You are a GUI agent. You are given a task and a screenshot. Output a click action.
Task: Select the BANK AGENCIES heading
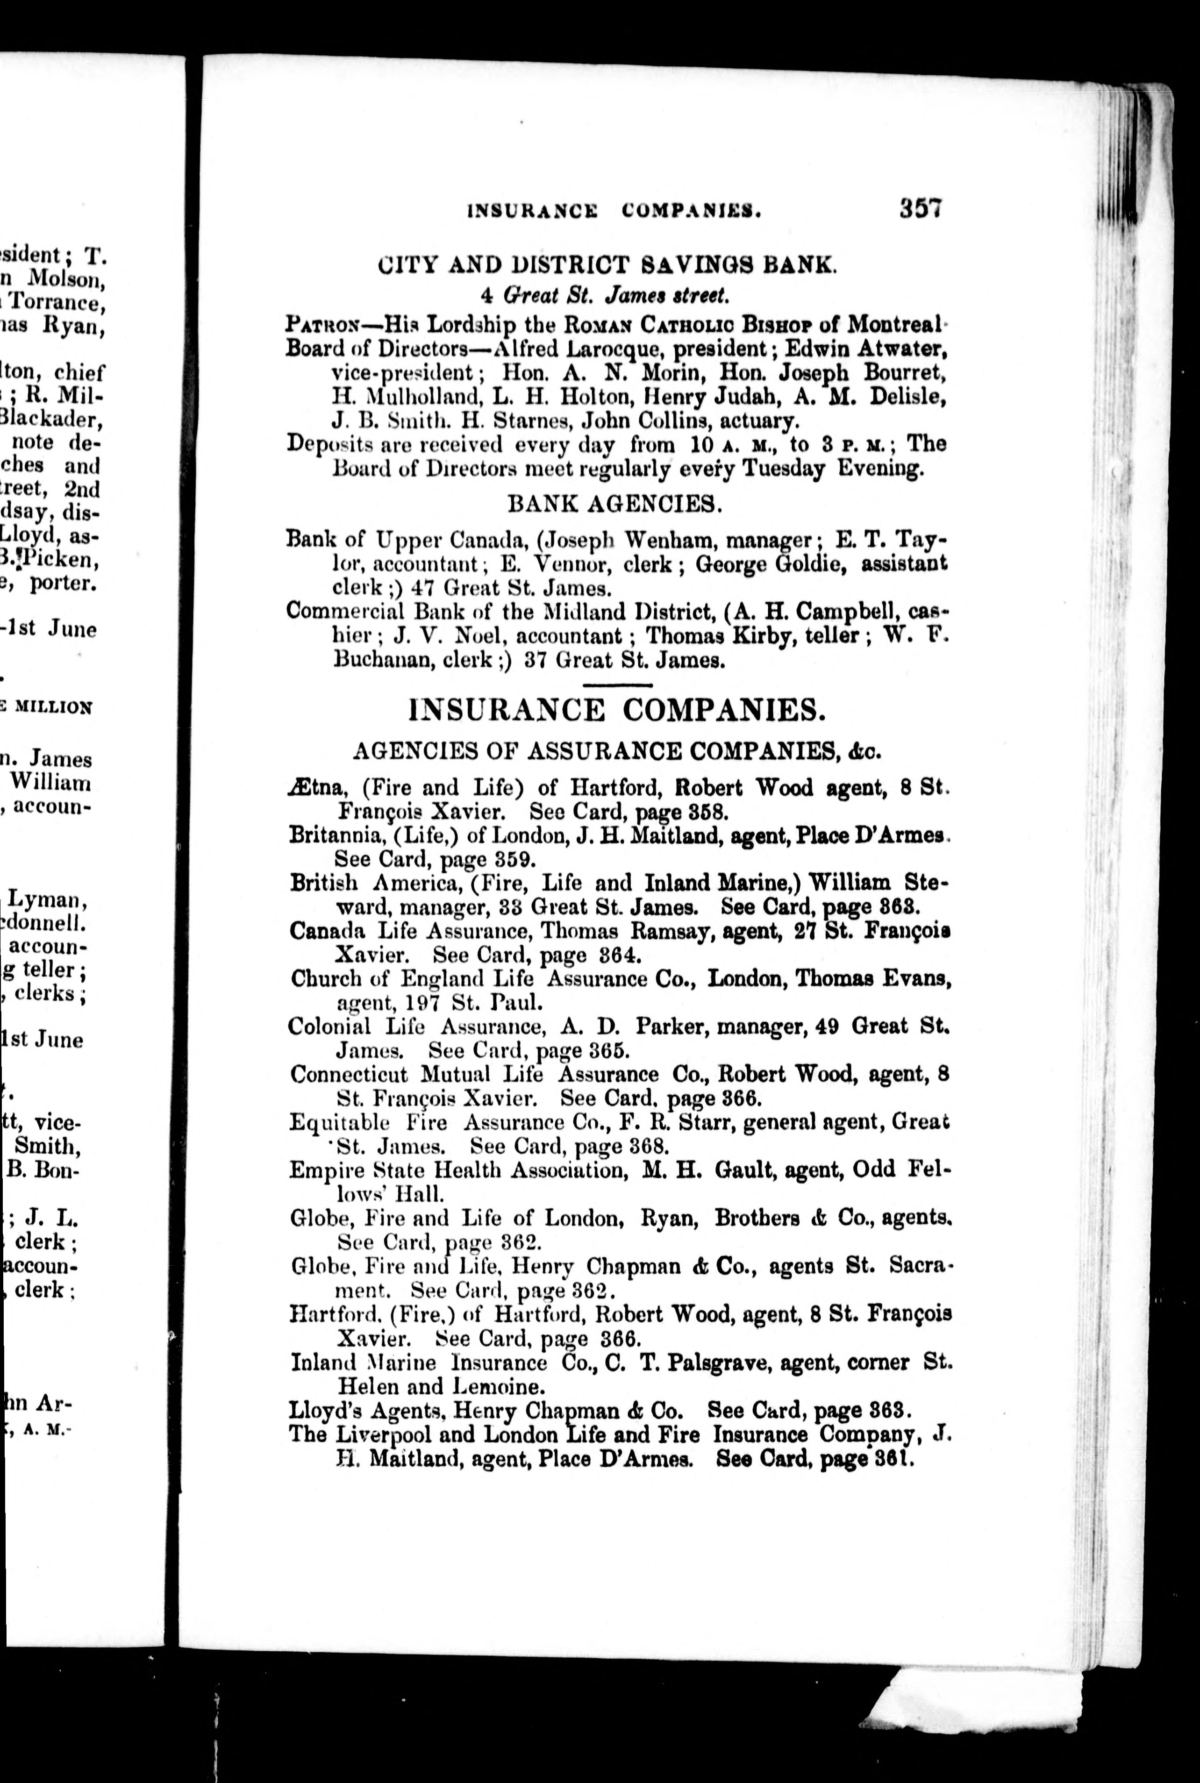pyautogui.click(x=614, y=504)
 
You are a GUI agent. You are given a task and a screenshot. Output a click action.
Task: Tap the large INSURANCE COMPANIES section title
pyautogui.click(x=618, y=710)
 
